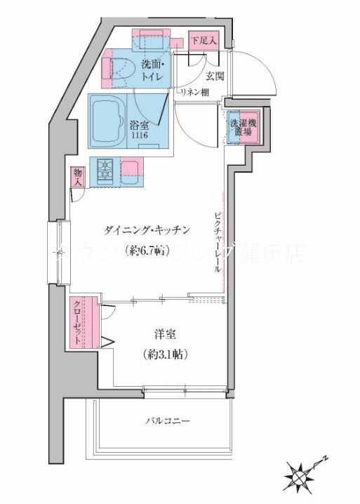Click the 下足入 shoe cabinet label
click(204, 40)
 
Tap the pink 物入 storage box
click(76, 178)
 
